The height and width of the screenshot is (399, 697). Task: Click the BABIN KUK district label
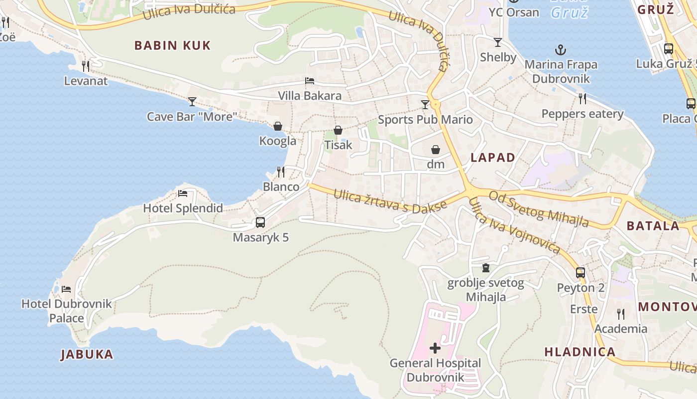172,45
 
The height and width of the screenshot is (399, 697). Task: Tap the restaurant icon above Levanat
86,66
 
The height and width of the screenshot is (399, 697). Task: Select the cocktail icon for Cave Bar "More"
192,102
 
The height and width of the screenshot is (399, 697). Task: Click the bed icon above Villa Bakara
310,81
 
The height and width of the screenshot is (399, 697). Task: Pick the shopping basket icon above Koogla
278,126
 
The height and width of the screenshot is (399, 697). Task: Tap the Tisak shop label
338,145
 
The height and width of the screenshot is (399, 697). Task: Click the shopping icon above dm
436,149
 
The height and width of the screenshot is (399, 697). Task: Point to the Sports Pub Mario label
425,119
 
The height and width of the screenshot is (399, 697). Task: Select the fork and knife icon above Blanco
281,172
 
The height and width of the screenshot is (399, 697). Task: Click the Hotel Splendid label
183,208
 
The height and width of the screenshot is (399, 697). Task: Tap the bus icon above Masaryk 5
260,222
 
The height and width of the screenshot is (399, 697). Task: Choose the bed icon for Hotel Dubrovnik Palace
66,289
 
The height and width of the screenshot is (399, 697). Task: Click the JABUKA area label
87,355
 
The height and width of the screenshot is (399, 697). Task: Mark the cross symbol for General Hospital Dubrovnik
435,348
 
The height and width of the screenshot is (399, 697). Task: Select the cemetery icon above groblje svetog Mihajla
486,268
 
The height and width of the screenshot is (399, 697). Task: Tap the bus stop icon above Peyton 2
581,273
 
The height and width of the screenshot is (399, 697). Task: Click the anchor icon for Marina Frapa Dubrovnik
561,50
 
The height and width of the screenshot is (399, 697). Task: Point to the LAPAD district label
493,158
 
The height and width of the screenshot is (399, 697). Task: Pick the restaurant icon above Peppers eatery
582,99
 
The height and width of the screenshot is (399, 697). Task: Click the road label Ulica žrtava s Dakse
387,200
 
